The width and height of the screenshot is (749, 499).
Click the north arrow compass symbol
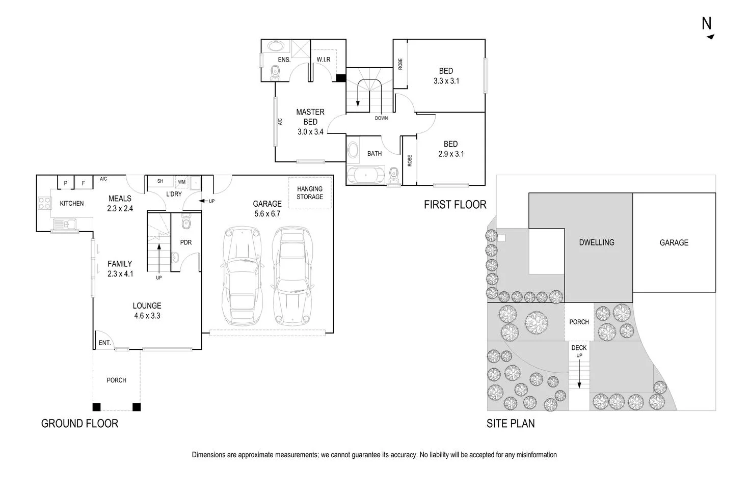tap(708, 29)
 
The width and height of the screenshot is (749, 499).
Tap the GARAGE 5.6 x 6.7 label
tap(267, 209)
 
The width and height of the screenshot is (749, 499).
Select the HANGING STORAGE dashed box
tap(310, 192)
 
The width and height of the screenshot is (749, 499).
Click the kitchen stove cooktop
tap(45, 203)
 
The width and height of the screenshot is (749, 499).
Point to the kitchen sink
tap(65, 224)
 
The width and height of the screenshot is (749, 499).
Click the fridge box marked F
tap(84, 183)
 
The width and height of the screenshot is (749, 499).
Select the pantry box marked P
tap(66, 183)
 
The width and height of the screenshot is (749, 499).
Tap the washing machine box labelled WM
tap(182, 182)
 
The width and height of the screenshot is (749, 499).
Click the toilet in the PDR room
tap(185, 223)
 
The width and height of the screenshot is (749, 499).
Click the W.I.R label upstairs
tap(324, 60)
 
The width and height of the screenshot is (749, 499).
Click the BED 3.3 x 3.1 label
tap(446, 76)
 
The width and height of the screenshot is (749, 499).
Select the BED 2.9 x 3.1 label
tap(451, 149)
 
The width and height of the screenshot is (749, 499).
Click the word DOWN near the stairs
tap(381, 118)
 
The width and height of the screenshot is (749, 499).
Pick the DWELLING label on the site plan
tap(597, 242)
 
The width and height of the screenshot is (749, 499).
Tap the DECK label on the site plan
tap(579, 348)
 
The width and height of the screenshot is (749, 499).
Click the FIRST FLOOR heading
tap(455, 205)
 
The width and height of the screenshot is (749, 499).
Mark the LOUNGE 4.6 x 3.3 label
tap(147, 311)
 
